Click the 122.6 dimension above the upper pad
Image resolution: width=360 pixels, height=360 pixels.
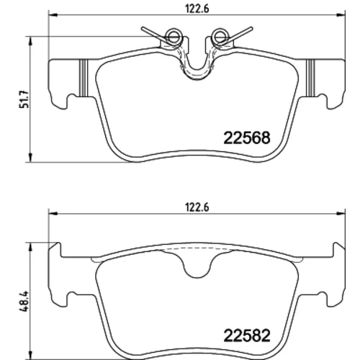point(197,9)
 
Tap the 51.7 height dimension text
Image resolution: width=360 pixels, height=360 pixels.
point(24,99)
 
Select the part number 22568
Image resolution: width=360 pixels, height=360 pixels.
point(247,138)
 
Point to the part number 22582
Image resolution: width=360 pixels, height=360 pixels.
point(247,336)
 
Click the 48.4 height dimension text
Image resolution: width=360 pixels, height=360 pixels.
point(24,301)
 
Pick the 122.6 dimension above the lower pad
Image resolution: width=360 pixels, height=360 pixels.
point(197,207)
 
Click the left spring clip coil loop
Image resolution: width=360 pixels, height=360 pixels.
point(174,37)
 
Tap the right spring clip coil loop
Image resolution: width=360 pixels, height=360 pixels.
point(220,37)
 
